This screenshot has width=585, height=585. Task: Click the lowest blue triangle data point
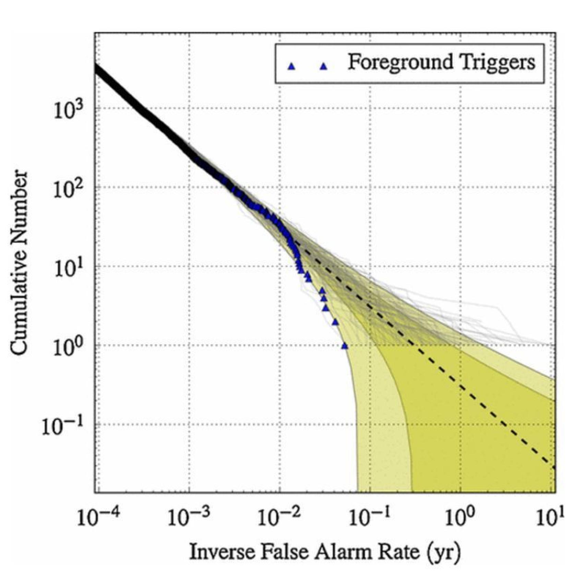click(x=344, y=346)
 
